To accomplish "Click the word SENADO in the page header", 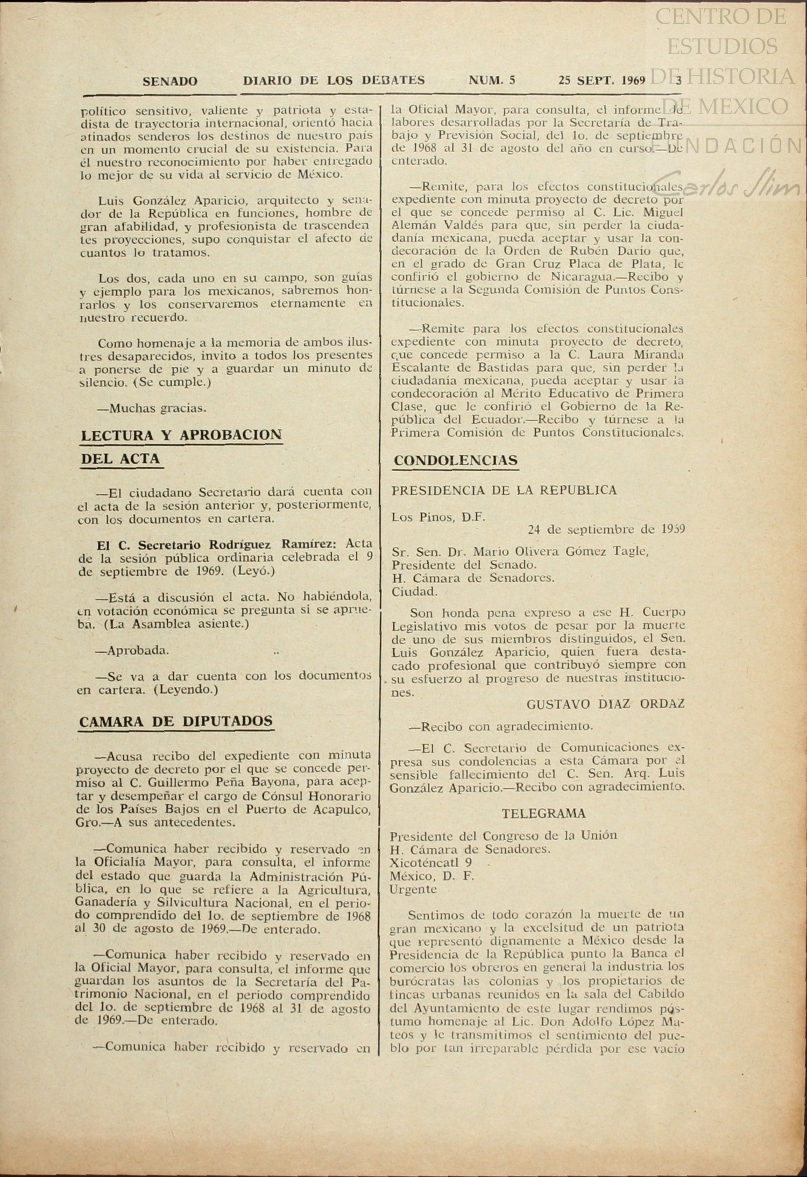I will pyautogui.click(x=170, y=81).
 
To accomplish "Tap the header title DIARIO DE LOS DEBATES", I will pyautogui.click(x=334, y=81).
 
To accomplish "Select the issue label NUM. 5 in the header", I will pyautogui.click(x=492, y=81).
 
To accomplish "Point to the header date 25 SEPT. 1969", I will pyautogui.click(x=601, y=81).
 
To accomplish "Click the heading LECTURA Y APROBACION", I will pyautogui.click(x=181, y=435).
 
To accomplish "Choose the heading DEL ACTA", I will pyautogui.click(x=121, y=459).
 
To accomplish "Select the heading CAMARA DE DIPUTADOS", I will pyautogui.click(x=176, y=721).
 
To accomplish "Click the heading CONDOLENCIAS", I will pyautogui.click(x=456, y=460).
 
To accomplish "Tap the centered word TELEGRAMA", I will pyautogui.click(x=544, y=813).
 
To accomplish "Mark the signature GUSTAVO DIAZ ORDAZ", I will pyautogui.click(x=605, y=704).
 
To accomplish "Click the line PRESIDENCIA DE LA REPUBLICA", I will pyautogui.click(x=504, y=490).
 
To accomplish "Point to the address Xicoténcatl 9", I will pyautogui.click(x=431, y=862).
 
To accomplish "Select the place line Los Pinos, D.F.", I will pyautogui.click(x=438, y=517).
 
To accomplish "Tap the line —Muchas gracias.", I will pyautogui.click(x=152, y=408).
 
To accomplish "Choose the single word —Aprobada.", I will pyautogui.click(x=132, y=650).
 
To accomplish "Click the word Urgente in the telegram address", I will pyautogui.click(x=413, y=889).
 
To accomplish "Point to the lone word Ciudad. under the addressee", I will pyautogui.click(x=414, y=592).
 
